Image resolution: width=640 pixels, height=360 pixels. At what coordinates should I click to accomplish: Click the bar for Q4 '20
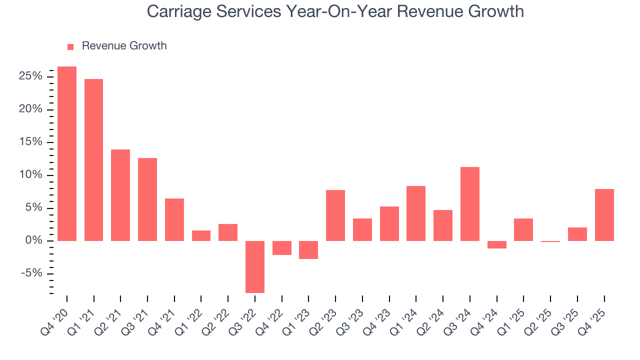67,153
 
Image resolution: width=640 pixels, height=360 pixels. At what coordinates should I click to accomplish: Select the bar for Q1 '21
93,160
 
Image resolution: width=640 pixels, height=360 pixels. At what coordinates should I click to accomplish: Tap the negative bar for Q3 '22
254,266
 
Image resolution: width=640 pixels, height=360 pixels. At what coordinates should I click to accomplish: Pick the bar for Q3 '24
470,204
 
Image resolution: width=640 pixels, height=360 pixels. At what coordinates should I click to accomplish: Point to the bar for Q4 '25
604,215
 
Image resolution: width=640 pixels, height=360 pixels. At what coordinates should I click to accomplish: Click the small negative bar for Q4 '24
497,244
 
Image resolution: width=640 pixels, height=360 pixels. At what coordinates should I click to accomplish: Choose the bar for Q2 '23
335,215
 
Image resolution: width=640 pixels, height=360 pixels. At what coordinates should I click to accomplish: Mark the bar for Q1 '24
416,213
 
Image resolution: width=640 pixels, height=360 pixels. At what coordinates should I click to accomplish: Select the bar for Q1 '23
308,249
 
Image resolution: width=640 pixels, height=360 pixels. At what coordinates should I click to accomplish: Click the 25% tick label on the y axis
31,76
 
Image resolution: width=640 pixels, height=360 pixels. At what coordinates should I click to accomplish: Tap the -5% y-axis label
32,273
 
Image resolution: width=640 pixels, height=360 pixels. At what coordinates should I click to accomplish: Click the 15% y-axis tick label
31,142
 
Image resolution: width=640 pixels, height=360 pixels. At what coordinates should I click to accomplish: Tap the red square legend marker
70,46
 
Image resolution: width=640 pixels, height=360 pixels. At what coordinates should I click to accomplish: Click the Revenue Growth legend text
124,46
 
